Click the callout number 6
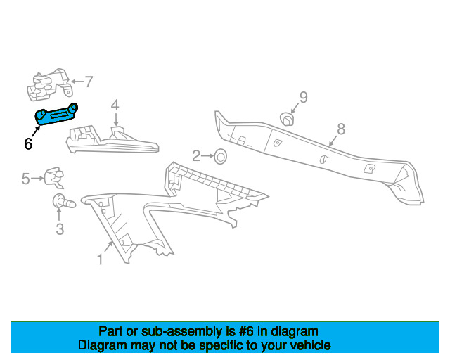pos(28,143)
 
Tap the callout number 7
pos(89,82)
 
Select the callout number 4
pos(115,105)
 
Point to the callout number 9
pos(303,97)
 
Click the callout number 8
pos(341,129)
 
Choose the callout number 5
pos(26,179)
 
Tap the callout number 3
pos(60,229)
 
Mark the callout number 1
pos(100,260)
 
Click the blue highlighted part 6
pos(56,115)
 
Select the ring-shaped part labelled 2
pos(219,156)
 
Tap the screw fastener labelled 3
pos(63,204)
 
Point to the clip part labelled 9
pos(288,119)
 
